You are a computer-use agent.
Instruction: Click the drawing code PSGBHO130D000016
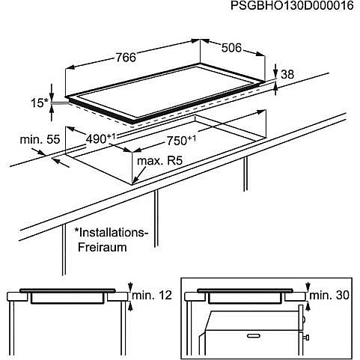coord(292,5)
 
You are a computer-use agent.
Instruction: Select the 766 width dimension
coord(126,58)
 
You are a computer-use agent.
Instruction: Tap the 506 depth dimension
coord(231,48)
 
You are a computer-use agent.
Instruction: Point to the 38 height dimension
coord(287,74)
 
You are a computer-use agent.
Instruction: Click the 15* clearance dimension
coord(39,103)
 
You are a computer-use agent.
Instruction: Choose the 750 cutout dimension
coord(181,141)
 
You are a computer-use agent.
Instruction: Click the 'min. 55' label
coord(40,139)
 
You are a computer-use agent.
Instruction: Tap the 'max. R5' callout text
coord(160,161)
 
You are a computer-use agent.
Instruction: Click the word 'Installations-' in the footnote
coord(112,233)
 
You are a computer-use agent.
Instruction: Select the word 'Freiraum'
coord(103,247)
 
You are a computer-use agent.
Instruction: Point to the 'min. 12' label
coord(152,296)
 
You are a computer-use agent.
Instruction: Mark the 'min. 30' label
coord(329,296)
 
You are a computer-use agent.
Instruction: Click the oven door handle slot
coord(256,336)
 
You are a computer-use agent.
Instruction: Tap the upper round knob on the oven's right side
coord(303,320)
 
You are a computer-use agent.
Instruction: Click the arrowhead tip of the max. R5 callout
coord(132,184)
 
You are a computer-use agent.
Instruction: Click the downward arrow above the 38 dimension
coord(275,71)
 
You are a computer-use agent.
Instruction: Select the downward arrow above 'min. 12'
coord(129,287)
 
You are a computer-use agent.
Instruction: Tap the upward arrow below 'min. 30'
coord(308,306)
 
